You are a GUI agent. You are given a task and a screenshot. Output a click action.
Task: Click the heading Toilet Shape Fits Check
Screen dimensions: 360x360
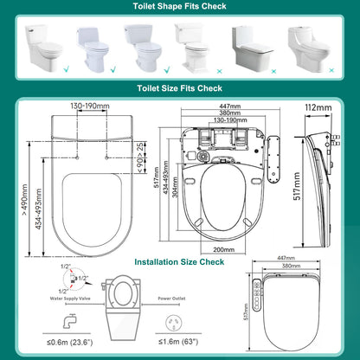tap(180, 7)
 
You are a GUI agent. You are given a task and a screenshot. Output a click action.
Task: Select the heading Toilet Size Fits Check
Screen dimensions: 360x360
tap(180, 87)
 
